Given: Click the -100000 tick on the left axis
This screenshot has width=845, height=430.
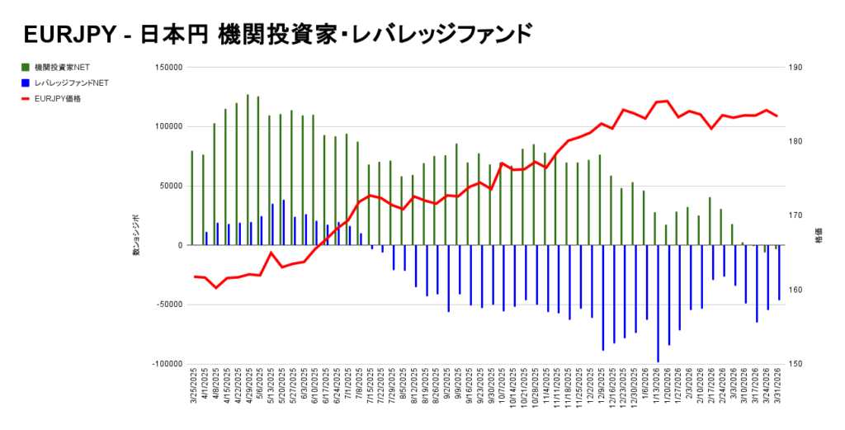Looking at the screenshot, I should pos(165,364).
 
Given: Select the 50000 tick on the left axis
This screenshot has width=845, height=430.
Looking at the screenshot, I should pos(169,186).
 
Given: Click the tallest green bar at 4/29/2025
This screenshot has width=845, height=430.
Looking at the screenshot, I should pos(248,169).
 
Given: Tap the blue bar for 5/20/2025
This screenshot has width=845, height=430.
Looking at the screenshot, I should pos(284,222).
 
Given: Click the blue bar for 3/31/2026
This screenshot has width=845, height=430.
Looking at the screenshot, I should pos(779,272).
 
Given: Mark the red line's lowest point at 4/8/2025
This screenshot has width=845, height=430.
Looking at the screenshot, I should pos(216,287).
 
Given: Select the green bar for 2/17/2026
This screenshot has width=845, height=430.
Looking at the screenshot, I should pos(710,221).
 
